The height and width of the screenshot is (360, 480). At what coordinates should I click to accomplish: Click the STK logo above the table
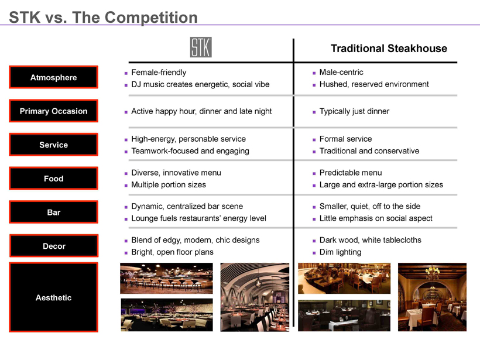click(201, 47)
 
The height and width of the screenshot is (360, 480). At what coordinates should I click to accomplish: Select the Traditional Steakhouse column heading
click(389, 49)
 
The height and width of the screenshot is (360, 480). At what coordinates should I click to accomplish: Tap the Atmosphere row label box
click(54, 77)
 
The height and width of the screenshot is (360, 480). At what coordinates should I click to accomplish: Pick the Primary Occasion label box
click(54, 111)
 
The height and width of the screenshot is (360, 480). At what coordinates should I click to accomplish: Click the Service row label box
click(54, 145)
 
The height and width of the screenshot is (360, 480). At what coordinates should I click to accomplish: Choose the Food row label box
click(54, 178)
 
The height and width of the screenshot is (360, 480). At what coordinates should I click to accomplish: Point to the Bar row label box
click(54, 212)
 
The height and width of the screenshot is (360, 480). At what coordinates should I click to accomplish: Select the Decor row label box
click(54, 245)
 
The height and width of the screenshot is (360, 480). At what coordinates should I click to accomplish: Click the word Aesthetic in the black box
click(54, 297)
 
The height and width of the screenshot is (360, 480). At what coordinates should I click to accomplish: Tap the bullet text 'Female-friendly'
click(159, 73)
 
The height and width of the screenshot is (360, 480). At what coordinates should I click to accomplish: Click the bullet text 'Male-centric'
click(341, 72)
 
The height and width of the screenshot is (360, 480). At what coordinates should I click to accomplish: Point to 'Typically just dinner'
click(354, 111)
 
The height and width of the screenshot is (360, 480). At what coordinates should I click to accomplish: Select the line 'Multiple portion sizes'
click(169, 184)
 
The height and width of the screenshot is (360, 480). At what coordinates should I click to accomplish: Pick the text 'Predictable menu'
click(351, 173)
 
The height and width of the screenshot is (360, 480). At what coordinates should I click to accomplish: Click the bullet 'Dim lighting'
click(340, 252)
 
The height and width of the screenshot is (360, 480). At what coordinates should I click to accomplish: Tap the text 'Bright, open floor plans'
click(172, 252)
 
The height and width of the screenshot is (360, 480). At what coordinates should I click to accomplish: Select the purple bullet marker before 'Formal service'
click(314, 140)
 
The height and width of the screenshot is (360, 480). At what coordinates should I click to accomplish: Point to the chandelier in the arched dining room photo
click(432, 272)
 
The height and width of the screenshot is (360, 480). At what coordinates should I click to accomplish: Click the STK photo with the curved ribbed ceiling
click(255, 297)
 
